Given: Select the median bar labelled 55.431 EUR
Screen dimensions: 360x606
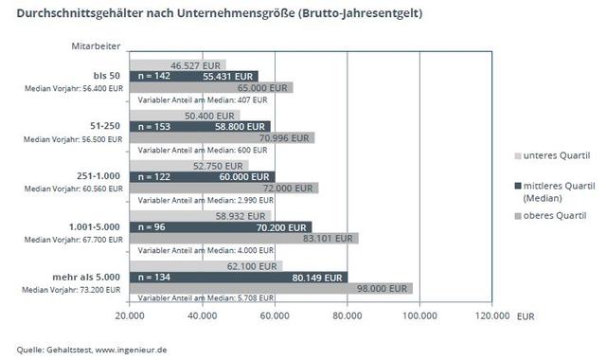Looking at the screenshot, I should tap(193, 75).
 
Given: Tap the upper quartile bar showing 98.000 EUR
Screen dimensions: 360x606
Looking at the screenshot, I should tap(271, 288).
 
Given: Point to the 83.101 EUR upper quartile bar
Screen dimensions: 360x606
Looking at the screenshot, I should tap(243, 239).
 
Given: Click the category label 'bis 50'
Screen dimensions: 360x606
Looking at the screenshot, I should tap(106, 75).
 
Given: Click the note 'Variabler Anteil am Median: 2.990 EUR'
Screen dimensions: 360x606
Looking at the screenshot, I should tap(204, 200).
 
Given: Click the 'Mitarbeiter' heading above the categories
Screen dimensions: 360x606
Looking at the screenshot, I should tap(95, 45).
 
